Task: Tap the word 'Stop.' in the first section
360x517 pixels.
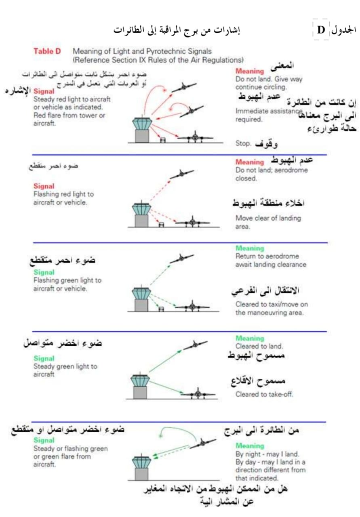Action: click(243, 143)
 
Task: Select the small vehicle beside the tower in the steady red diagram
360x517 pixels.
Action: click(163, 140)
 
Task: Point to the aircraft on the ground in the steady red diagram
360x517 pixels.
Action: click(196, 137)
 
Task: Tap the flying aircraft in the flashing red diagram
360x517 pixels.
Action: click(181, 174)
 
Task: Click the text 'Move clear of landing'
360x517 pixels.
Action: click(268, 218)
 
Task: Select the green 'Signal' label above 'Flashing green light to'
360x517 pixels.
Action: click(44, 272)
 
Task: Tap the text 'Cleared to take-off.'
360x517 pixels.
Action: click(264, 394)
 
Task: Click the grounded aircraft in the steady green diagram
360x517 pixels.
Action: click(198, 393)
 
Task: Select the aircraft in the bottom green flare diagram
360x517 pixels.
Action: click(202, 443)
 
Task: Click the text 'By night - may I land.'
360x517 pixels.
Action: click(267, 454)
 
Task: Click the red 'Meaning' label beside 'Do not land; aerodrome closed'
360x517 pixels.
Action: click(250, 162)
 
